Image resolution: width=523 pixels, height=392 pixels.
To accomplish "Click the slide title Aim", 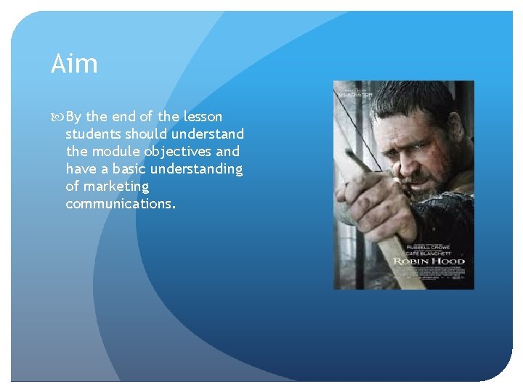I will coord(74,64).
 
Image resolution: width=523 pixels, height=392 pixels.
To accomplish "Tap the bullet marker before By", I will coord(57,117).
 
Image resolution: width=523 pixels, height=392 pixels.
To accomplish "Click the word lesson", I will coord(203,117).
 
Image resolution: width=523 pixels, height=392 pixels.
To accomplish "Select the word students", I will coord(93,134).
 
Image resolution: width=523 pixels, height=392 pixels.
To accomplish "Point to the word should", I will coord(146,134).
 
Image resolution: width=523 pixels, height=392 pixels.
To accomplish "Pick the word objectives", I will coord(177,152).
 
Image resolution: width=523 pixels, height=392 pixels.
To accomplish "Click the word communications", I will coord(120,204).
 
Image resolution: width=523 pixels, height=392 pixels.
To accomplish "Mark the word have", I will coord(81,169).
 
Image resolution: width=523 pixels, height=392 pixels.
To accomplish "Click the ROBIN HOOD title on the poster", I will coord(429,261).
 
